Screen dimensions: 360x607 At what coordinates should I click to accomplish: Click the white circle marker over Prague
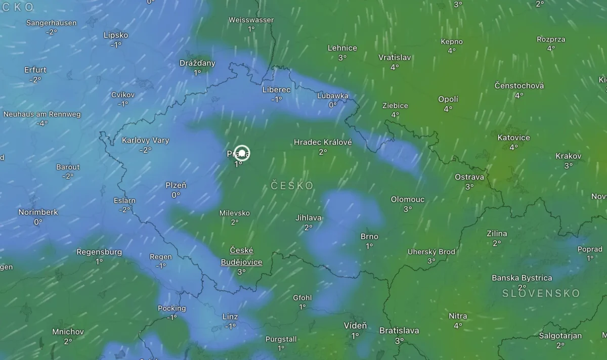coord(242,153)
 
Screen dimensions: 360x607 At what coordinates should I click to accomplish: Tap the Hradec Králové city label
coord(323,142)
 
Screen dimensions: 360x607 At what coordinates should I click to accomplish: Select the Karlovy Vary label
coord(146,140)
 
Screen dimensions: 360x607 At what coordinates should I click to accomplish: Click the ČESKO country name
coord(292,186)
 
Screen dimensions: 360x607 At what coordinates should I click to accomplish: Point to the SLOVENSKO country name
coord(541,293)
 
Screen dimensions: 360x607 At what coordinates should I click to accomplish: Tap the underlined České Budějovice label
coord(241,256)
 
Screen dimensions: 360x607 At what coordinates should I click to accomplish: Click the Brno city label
coord(369,236)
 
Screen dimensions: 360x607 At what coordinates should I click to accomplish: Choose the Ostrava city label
coord(469,177)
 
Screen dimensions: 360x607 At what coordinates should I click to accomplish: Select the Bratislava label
coord(399,331)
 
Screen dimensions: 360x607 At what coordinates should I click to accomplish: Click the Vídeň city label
coord(355,326)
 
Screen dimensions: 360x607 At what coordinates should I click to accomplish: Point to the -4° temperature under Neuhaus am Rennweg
coord(42,123)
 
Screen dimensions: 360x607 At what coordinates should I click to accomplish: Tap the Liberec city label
coord(276,89)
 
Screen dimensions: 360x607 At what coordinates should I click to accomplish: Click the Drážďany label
coord(197,63)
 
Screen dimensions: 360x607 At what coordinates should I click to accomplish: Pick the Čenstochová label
coord(519,85)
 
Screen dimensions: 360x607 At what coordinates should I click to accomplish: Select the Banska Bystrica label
coord(522,278)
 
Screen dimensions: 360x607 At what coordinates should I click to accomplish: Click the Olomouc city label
coord(408,199)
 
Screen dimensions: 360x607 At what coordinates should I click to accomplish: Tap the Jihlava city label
coord(309,218)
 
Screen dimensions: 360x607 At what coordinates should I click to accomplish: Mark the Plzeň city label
coord(176,185)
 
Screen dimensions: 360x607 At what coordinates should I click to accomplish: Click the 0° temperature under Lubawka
coord(332,105)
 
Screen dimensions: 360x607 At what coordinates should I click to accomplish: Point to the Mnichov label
coord(68,332)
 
